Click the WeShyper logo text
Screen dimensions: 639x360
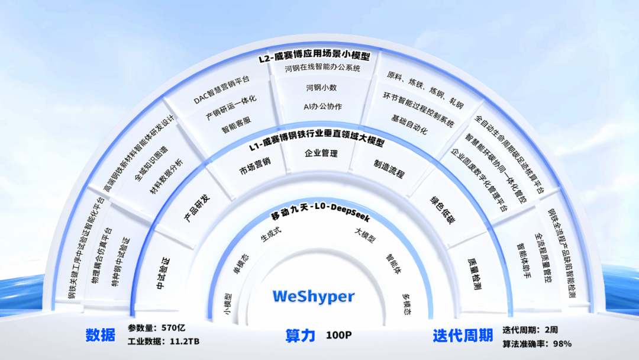pyautogui.click(x=314, y=297)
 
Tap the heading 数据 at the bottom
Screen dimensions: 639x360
pyautogui.click(x=100, y=335)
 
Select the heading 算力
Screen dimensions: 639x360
pyautogui.click(x=301, y=336)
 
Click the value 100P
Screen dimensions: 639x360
pyautogui.click(x=338, y=335)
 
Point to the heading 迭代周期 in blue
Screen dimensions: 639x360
pyautogui.click(x=463, y=336)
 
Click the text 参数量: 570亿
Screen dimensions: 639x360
pyautogui.click(x=156, y=328)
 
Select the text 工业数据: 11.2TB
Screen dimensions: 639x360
pyautogui.click(x=163, y=342)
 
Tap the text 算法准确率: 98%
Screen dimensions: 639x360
pyautogui.click(x=537, y=344)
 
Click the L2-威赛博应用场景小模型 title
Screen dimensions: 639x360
pyautogui.click(x=314, y=56)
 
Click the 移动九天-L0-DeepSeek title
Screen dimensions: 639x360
pyautogui.click(x=320, y=211)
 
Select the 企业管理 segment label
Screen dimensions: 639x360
pyautogui.click(x=321, y=154)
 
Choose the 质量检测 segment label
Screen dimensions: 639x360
pyautogui.click(x=474, y=274)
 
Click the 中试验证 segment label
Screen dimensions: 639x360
pyautogui.click(x=163, y=274)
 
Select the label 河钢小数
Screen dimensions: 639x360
pyautogui.click(x=321, y=88)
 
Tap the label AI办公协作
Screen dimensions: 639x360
pyautogui.click(x=323, y=107)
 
